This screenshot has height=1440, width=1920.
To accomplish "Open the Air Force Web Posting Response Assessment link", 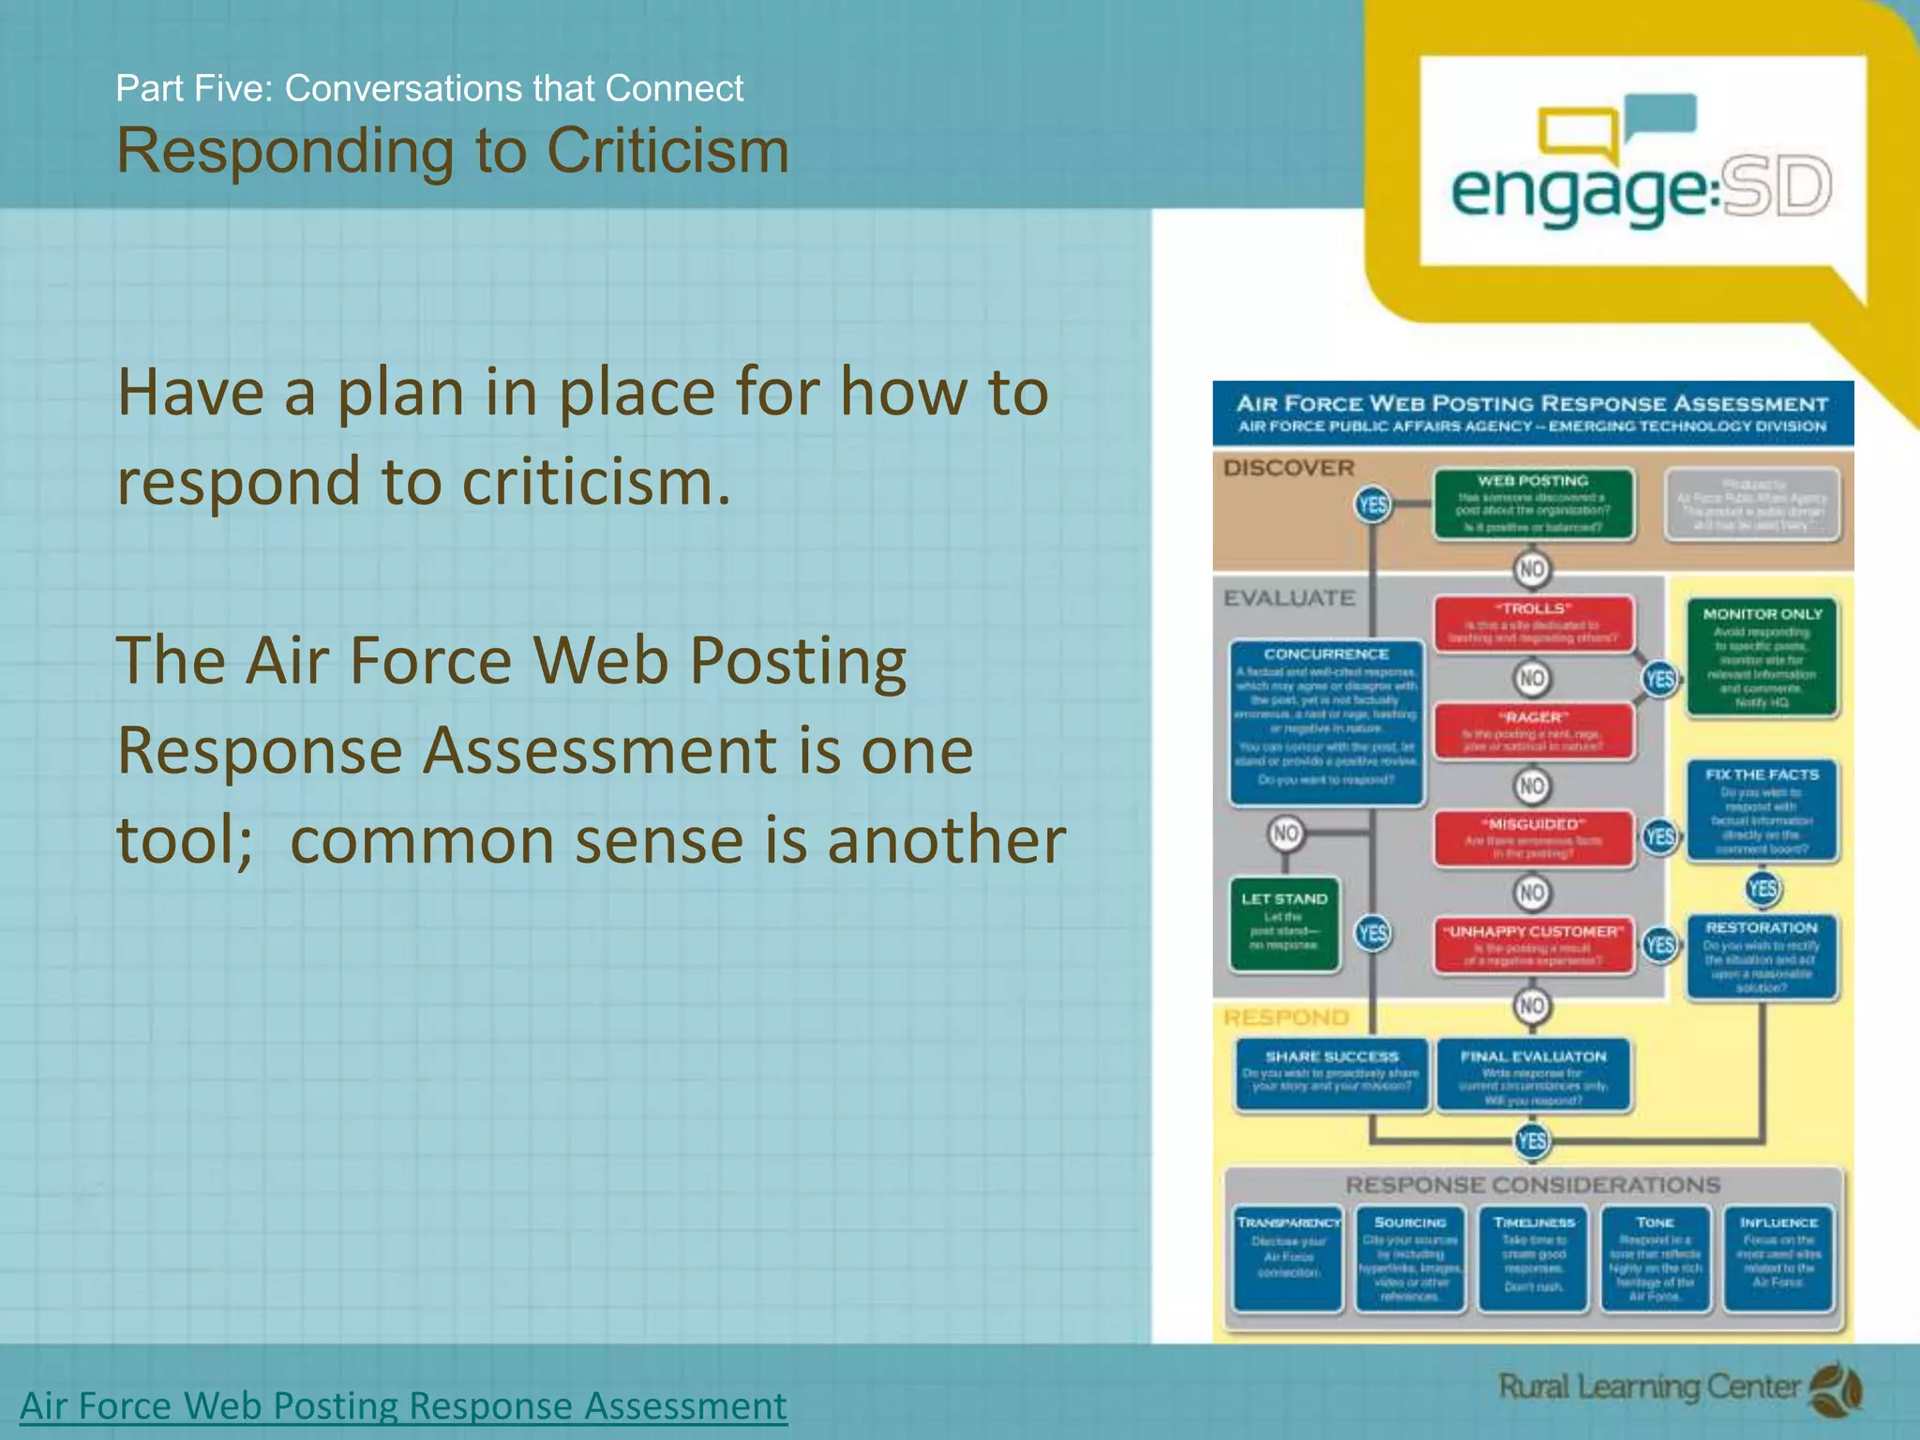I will point(403,1405).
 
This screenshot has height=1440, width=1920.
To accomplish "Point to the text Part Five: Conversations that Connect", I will point(429,88).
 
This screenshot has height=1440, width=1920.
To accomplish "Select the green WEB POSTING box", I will point(1533,504).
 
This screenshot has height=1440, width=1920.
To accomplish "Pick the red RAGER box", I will point(1533,731).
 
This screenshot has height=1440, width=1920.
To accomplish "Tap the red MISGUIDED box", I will point(1533,838).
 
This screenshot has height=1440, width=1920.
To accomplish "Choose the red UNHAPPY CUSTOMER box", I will point(1533,945).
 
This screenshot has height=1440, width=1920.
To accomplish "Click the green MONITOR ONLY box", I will point(1762,657).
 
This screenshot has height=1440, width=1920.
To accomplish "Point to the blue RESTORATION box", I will point(1762,956).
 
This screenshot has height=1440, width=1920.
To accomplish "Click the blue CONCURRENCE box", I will point(1327,722).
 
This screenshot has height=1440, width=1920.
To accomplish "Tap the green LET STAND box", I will point(1284,923).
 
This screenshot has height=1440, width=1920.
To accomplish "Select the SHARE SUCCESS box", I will point(1331,1073).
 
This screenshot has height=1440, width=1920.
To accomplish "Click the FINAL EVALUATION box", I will point(1533,1075).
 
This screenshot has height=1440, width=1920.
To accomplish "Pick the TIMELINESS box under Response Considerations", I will point(1533,1258).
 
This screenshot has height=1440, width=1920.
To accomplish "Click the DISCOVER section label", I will point(1288,468).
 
